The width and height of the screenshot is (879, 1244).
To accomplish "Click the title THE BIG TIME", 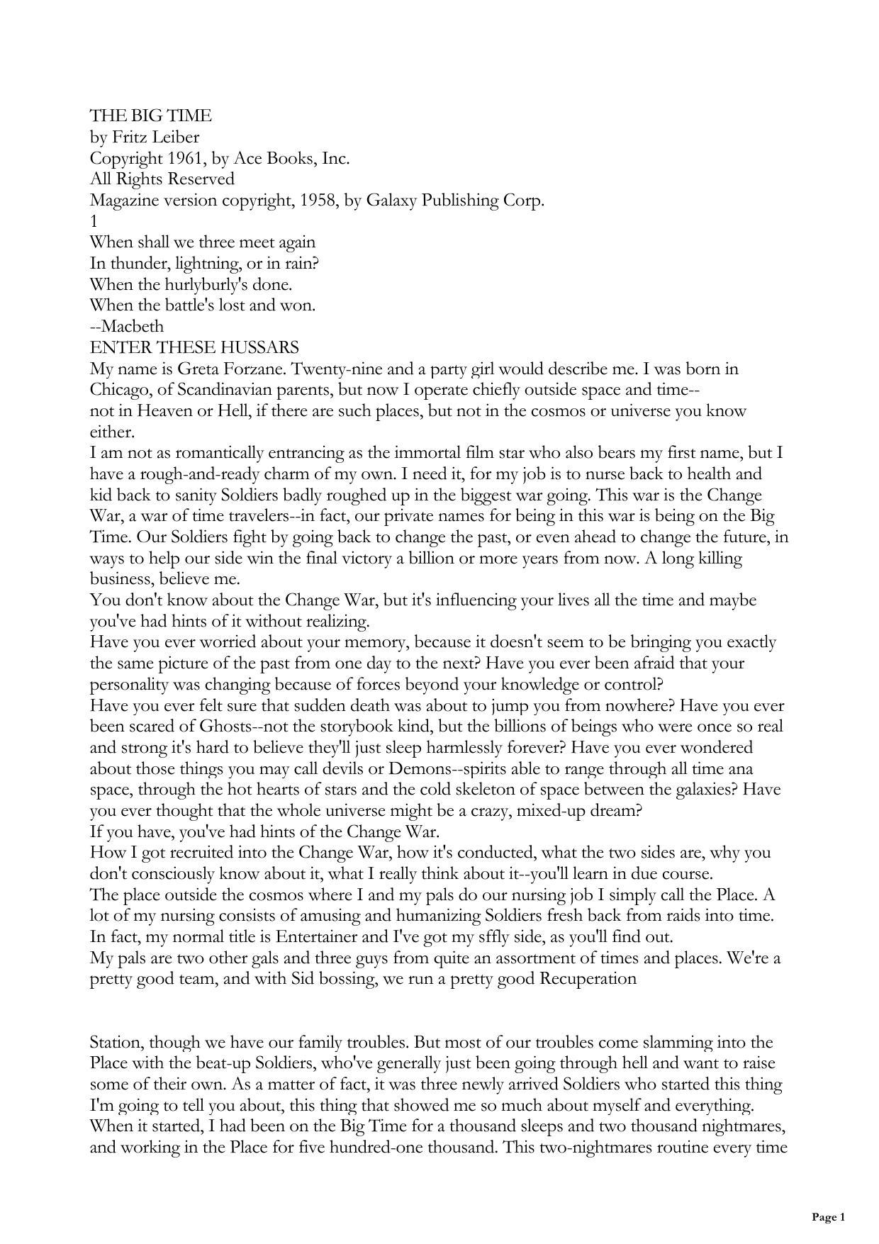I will pyautogui.click(x=150, y=116).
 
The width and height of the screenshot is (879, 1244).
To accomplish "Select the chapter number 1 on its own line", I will pyautogui.click(x=94, y=221).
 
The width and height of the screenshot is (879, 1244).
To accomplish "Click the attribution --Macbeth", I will pyautogui.click(x=127, y=327).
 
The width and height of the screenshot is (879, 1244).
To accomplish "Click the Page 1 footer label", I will pyautogui.click(x=828, y=1217).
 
